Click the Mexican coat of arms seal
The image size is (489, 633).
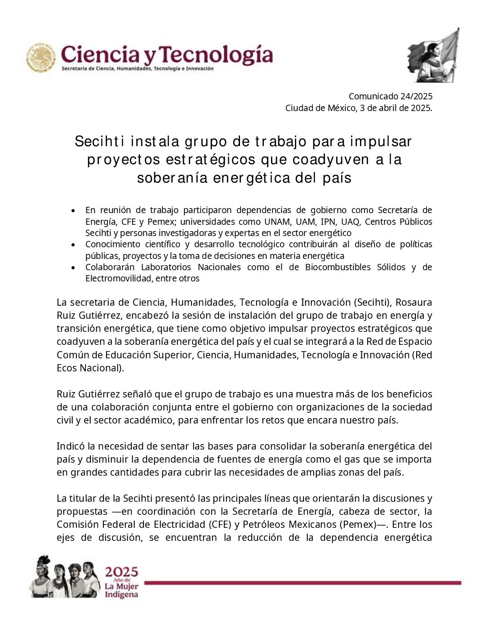click(x=41, y=58)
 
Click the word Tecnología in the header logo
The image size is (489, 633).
click(x=216, y=55)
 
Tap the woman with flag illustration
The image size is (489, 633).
click(x=433, y=56)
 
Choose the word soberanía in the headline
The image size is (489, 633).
click(x=173, y=178)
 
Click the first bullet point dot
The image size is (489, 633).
click(x=73, y=210)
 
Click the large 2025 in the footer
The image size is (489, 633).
click(x=121, y=572)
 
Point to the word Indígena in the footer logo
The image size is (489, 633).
click(x=121, y=595)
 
